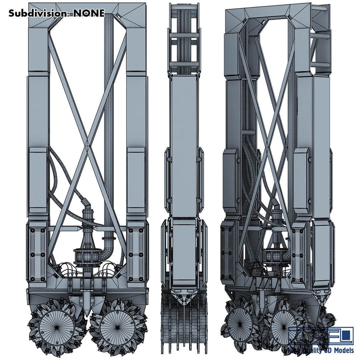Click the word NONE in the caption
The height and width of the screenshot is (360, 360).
coord(89,13)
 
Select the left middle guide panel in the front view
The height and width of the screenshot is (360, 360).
coord(38,180)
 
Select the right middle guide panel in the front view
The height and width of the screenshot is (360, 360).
coord(136,180)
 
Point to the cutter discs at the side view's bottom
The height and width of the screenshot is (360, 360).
coord(183,330)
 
